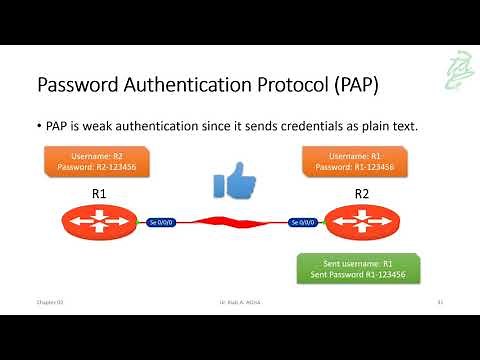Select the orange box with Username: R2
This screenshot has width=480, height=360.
tap(97, 161)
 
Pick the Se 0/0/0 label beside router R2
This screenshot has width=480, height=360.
tap(302, 221)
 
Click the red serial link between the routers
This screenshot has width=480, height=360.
tap(232, 221)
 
